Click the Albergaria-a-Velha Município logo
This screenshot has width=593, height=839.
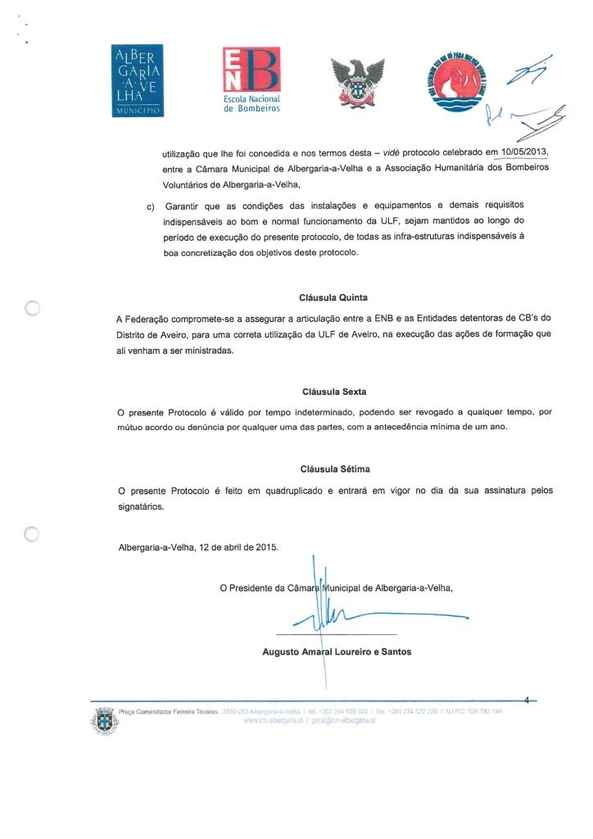pyautogui.click(x=137, y=79)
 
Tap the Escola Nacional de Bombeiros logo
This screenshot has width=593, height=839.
pyautogui.click(x=251, y=79)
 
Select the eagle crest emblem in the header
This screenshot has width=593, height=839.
pyautogui.click(x=356, y=82)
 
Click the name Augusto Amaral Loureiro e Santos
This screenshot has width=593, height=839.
pyautogui.click(x=336, y=652)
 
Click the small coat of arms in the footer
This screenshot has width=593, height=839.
pyautogui.click(x=103, y=719)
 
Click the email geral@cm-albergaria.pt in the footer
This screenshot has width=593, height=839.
pyautogui.click(x=342, y=720)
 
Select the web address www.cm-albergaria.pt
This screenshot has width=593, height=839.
pyautogui.click(x=274, y=720)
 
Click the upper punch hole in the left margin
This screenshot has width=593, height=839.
pyautogui.click(x=32, y=308)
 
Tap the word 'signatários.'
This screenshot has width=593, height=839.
pyautogui.click(x=141, y=506)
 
